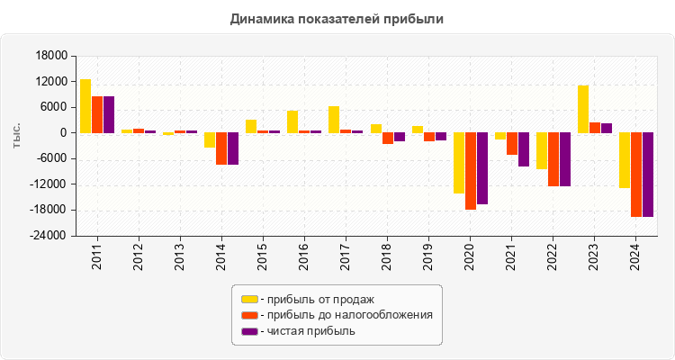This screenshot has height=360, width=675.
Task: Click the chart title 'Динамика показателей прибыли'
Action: click(337, 18)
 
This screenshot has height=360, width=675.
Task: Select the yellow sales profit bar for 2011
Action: click(85, 106)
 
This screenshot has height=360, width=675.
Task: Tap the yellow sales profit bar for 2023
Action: click(583, 109)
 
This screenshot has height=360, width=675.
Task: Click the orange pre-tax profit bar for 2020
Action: click(471, 171)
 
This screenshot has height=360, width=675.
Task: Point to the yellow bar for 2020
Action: click(459, 163)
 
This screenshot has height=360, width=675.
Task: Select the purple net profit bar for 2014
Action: click(233, 148)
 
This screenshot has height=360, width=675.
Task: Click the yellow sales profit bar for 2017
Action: click(334, 120)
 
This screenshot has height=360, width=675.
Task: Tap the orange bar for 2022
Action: click(553, 159)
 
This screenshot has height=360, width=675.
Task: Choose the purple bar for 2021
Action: click(524, 149)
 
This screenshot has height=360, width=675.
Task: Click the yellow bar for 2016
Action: click(292, 121)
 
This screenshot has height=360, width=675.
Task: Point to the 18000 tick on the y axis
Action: click(52, 56)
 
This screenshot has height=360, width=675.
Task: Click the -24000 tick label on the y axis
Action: click(49, 236)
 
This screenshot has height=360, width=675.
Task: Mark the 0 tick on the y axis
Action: click(63, 133)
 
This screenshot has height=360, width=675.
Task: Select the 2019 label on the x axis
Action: click(428, 256)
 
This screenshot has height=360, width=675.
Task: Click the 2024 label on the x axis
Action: click(635, 256)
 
